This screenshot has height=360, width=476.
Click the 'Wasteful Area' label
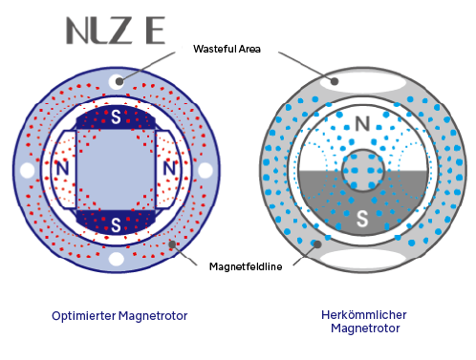[227, 49]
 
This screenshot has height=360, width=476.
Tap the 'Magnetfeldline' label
[246, 266]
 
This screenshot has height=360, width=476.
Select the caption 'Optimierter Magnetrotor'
[119, 316]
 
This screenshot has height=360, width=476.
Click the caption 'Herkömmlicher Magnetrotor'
[364, 321]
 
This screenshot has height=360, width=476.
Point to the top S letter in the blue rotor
[116, 117]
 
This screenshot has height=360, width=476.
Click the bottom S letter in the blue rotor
[116, 225]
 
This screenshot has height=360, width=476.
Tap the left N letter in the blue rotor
[62, 168]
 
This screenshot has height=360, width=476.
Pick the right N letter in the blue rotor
[169, 168]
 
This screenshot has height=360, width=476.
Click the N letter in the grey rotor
[362, 124]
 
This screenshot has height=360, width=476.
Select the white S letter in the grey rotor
[362, 219]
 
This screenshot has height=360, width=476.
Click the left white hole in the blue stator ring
[28, 170]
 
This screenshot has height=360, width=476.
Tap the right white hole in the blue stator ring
[205, 170]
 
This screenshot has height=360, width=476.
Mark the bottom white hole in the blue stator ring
[117, 259]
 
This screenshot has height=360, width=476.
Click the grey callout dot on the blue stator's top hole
[119, 81]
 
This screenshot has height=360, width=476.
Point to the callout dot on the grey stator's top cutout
[335, 81]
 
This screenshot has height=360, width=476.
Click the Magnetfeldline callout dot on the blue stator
[172, 244]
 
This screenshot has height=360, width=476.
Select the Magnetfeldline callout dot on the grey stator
[317, 244]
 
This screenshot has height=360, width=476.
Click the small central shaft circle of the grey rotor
[363, 170]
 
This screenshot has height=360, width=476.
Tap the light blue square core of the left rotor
[116, 170]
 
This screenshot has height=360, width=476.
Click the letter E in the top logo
[156, 31]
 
